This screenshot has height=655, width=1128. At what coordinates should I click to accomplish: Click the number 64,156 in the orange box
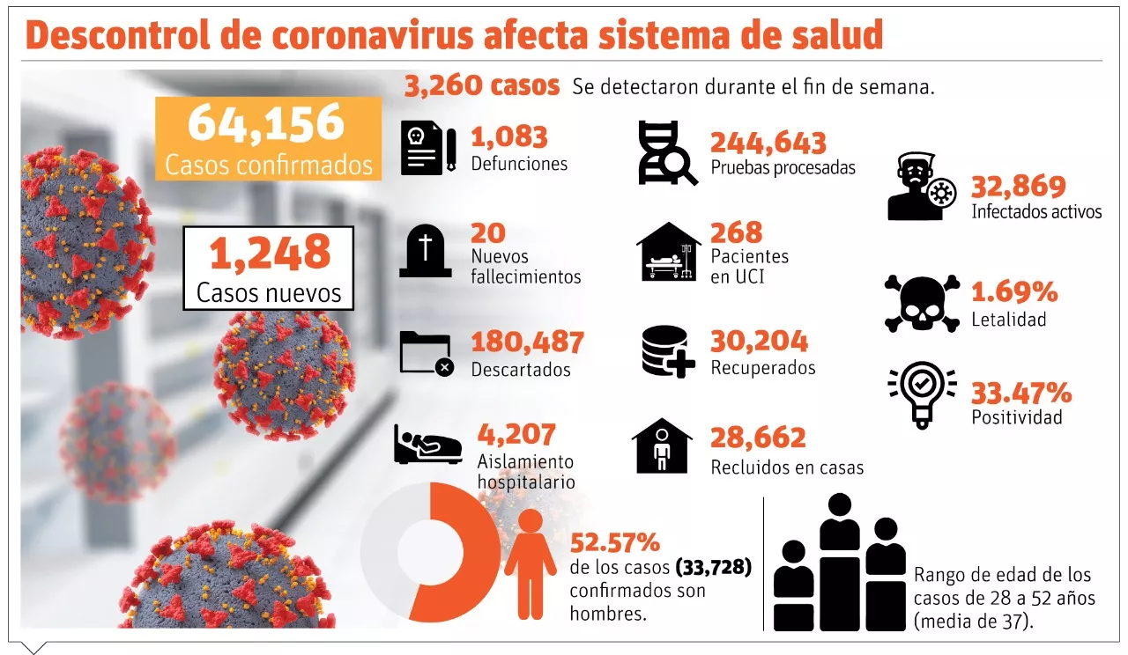[x=266, y=123]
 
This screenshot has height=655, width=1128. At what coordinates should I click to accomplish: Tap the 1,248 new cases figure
[x=270, y=253]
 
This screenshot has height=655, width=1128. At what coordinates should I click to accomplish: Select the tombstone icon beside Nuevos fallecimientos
[x=426, y=251]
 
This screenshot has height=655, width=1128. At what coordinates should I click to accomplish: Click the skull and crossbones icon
[x=922, y=304]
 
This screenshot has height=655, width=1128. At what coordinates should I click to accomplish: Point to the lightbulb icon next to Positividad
[x=922, y=395]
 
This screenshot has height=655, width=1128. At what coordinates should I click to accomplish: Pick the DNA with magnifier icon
[x=668, y=153]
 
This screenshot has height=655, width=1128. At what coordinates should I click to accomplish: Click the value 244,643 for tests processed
[x=768, y=143]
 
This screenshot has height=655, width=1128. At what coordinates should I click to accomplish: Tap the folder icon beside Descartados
[x=427, y=354]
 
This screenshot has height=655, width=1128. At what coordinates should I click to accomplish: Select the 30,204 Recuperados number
[x=760, y=341]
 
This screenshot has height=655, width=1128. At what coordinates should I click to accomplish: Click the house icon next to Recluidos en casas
[x=662, y=446]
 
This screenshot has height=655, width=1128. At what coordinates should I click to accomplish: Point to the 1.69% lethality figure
[x=1014, y=291]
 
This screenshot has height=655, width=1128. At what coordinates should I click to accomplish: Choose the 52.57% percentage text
[x=615, y=543]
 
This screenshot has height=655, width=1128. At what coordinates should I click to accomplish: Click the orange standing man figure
[x=530, y=564]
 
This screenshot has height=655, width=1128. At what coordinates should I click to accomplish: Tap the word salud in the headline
[x=837, y=34]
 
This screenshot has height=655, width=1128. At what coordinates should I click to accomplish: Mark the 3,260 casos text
[x=482, y=86]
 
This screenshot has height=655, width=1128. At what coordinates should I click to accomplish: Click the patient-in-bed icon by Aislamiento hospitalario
[x=428, y=445]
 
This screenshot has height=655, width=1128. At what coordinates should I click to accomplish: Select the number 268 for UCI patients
[x=736, y=232]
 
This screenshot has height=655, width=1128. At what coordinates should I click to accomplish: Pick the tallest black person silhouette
[x=840, y=562]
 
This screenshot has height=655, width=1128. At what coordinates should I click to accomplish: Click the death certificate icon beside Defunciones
[x=428, y=147]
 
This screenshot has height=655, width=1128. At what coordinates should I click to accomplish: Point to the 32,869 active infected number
[x=1018, y=186]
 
